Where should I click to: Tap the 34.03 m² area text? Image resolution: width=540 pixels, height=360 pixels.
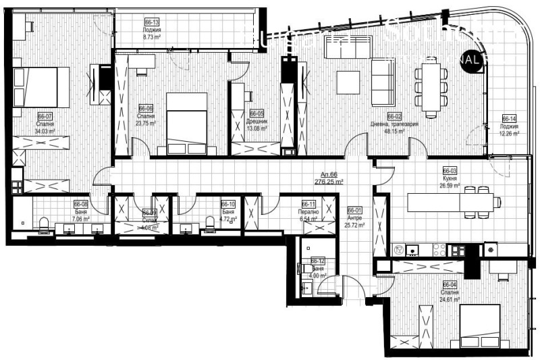pyautogui.click(x=45, y=132)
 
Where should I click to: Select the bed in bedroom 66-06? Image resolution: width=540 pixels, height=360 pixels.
pyautogui.click(x=186, y=122)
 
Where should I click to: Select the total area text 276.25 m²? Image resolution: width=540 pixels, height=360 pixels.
pyautogui.click(x=329, y=182)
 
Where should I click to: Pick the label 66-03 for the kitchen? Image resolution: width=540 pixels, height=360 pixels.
pyautogui.click(x=450, y=171)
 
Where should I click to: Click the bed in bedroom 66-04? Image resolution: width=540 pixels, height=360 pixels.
pyautogui.click(x=479, y=326)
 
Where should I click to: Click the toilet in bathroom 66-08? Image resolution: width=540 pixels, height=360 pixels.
pyautogui.click(x=45, y=225)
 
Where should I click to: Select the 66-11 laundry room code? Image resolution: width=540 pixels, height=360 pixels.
pyautogui.click(x=308, y=204)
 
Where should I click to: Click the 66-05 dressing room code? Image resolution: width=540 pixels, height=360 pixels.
pyautogui.click(x=256, y=113)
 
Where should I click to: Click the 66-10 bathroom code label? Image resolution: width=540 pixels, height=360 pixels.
pyautogui.click(x=228, y=204)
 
